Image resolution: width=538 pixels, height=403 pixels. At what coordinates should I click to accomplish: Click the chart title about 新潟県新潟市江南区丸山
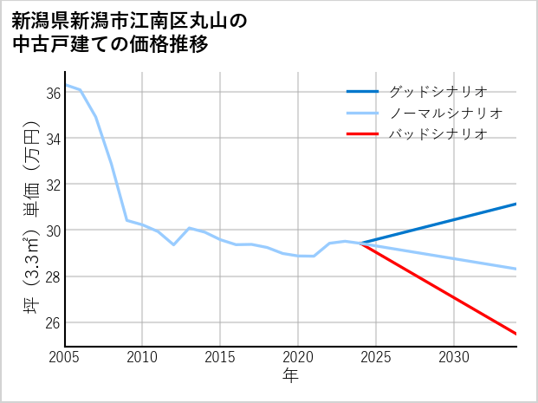click(x=130, y=32)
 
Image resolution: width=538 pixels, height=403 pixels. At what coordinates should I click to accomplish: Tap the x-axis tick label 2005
click(x=64, y=357)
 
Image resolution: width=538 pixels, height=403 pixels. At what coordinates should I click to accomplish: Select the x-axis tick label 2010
click(x=142, y=357)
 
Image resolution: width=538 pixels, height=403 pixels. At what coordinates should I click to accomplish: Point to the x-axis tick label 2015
click(x=220, y=357)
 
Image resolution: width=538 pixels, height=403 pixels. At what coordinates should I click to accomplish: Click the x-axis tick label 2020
click(x=298, y=357)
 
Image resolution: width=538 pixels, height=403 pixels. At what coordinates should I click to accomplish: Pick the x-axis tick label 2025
click(x=376, y=357)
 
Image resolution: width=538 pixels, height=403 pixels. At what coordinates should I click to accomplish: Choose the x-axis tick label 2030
click(x=454, y=357)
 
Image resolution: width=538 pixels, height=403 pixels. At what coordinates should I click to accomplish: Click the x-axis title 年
click(x=290, y=375)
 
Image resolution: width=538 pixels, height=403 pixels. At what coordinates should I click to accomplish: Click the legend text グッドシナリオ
click(x=438, y=91)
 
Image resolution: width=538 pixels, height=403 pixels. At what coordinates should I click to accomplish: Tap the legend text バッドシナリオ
click(x=438, y=134)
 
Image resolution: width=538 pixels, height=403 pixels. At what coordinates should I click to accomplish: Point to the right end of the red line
click(x=516, y=334)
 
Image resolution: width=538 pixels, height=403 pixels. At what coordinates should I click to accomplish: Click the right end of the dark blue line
click(x=516, y=204)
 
